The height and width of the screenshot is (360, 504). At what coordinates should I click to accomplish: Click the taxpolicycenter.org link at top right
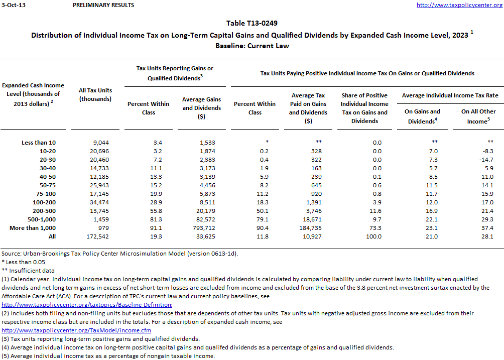[x=460, y=5]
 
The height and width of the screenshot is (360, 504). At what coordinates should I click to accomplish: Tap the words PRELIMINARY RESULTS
[x=103, y=5]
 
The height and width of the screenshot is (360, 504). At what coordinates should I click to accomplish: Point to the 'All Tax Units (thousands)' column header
[x=95, y=94]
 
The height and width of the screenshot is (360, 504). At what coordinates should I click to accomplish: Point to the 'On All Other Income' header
[x=478, y=116]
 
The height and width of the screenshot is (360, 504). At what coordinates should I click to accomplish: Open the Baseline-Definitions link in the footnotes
[x=87, y=305]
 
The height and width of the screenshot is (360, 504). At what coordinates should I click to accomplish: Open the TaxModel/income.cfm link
[x=76, y=330]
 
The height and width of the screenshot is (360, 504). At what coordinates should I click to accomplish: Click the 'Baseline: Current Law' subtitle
[x=252, y=46]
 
